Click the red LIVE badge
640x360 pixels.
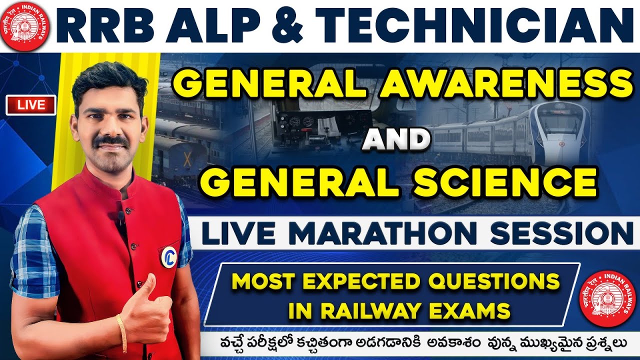click(31, 105)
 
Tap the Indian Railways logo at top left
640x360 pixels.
click(25, 25)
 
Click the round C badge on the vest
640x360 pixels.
click(168, 255)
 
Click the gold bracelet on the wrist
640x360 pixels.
click(122, 332)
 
